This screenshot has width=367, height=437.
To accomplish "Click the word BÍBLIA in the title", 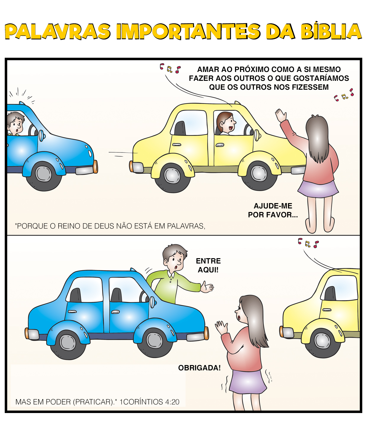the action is [x=331, y=31].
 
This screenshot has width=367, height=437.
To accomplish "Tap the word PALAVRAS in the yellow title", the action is [x=57, y=31].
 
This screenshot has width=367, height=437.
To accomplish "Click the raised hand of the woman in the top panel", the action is [x=280, y=115].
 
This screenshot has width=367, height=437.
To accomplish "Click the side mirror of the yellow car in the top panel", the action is [x=257, y=135].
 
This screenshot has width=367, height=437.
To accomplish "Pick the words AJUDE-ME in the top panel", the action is [x=273, y=206].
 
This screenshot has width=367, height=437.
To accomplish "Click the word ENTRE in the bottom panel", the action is [x=208, y=261].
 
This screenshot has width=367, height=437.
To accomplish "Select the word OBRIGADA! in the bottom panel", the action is [x=199, y=368].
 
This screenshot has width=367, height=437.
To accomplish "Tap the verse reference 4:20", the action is [x=172, y=402].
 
